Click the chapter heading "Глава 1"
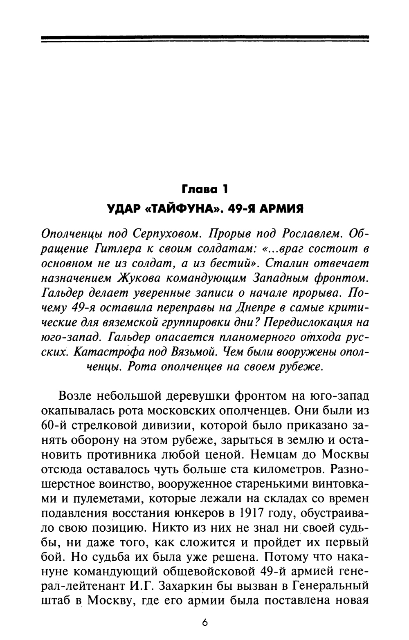point(204,190)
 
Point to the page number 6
point(205,623)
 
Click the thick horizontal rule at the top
point(205,38)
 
